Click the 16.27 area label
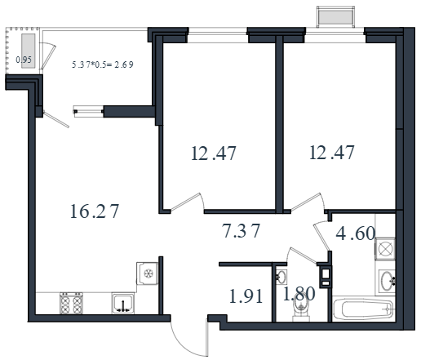coord(95,211)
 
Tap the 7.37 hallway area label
coord(241,230)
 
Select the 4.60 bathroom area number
coord(356,233)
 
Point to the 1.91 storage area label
coord(246,296)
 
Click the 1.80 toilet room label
coord(299,294)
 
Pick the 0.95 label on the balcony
coord(24,60)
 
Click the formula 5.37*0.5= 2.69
coord(103,64)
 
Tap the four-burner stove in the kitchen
coord(71,303)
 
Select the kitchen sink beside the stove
coord(123,303)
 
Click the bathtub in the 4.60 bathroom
coord(363,309)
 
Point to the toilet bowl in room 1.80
coord(301,309)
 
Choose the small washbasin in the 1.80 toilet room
coord(281,277)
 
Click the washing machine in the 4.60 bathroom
coord(385,249)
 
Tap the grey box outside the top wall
coord(335,17)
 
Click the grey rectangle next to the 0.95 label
coord(29,51)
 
